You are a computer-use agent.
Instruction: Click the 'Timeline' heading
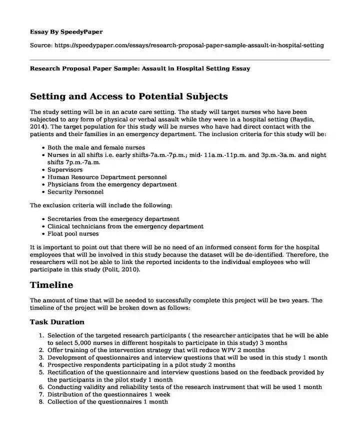51,285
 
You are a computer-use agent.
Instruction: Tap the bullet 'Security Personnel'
75,191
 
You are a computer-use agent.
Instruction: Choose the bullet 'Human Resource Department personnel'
107,177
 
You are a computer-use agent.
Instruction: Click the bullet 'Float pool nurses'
73,233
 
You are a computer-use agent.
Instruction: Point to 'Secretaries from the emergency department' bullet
113,219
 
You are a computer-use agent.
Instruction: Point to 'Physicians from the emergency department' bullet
112,184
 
